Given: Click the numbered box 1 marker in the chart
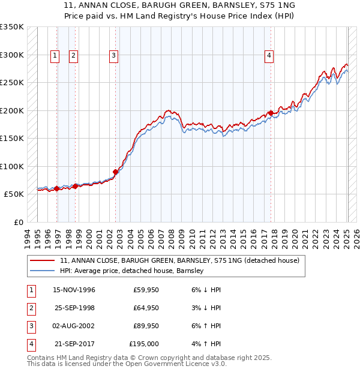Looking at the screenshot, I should point(55,56).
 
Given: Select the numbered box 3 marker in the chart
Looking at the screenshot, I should point(113,56).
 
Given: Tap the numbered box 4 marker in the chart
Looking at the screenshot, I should point(269,56).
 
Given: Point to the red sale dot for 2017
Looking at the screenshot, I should point(271,113).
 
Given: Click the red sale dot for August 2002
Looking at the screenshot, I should point(115,172).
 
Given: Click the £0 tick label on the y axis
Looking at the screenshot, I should point(17,222).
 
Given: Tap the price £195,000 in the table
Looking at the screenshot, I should point(145,344).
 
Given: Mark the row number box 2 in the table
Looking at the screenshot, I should point(31,308).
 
